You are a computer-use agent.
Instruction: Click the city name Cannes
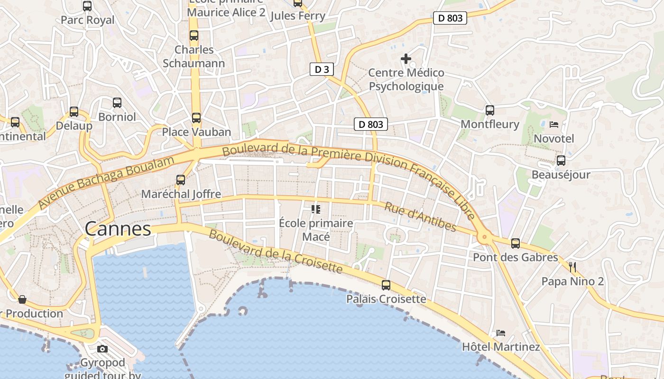tap(118, 229)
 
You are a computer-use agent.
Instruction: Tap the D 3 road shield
tap(322, 69)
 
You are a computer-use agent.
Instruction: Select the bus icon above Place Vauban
tap(196, 118)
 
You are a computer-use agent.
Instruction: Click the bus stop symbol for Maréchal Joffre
tap(181, 180)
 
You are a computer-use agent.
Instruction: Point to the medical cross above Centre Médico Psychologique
tap(406, 59)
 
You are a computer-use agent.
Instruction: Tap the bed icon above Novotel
tap(553, 125)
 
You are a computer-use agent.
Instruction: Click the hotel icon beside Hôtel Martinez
tap(501, 333)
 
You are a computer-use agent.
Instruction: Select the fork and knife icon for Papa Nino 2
tap(572, 267)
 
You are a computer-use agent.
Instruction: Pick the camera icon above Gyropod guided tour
tap(102, 349)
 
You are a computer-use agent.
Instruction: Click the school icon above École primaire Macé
tap(316, 209)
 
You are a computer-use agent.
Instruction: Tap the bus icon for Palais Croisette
tap(386, 285)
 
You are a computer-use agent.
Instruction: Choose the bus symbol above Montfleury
tap(490, 110)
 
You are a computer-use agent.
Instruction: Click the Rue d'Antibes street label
tap(420, 217)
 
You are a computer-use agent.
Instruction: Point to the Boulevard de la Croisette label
tap(275, 252)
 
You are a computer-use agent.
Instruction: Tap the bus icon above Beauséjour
tap(561, 161)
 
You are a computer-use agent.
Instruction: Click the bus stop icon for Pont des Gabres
tap(516, 244)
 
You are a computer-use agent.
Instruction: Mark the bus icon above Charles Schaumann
tap(194, 36)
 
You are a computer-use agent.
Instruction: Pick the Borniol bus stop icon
tap(117, 102)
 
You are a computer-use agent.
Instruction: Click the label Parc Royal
tap(88, 20)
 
